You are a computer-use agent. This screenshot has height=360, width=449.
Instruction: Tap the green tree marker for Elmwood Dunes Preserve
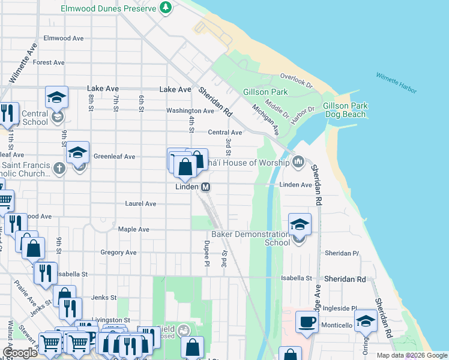[166, 8]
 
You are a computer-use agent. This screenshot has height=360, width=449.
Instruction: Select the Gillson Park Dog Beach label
[345, 110]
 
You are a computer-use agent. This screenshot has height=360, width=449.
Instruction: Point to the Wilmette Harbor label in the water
[396, 83]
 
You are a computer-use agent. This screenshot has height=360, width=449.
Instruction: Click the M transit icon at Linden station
[205, 187]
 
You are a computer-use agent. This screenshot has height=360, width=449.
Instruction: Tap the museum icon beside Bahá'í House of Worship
[299, 163]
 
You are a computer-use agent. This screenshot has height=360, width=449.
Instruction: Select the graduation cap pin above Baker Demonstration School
[300, 225]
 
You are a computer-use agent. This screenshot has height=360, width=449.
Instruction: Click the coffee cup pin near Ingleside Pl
[307, 322]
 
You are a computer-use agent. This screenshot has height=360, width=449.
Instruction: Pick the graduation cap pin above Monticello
[366, 321]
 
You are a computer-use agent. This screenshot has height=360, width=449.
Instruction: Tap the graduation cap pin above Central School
[56, 97]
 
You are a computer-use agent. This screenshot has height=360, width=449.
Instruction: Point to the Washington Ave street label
[190, 111]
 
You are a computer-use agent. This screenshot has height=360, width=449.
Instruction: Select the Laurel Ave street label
[140, 204]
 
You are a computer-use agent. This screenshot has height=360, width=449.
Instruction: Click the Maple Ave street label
[133, 229]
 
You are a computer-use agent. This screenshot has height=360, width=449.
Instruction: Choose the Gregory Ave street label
[119, 253]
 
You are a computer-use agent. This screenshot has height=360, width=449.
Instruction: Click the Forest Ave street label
[49, 62]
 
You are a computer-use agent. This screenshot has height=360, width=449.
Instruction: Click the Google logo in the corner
[20, 353]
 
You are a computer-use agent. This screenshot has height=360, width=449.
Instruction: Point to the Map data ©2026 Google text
[412, 355]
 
